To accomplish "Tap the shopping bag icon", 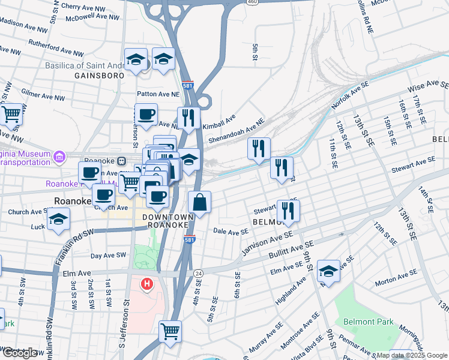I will (x=200, y=202).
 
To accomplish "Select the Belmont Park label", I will (x=369, y=322).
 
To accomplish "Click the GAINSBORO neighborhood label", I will (x=100, y=76).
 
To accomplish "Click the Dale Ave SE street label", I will (x=231, y=232).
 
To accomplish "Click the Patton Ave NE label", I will (x=158, y=94).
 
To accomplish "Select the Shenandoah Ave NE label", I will (x=237, y=131).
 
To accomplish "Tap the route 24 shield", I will (x=198, y=273).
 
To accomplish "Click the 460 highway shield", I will (x=252, y=2).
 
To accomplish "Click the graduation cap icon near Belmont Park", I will (x=328, y=271).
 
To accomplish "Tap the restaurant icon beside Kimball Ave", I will (x=188, y=118).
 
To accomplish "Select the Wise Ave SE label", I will (x=428, y=88).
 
